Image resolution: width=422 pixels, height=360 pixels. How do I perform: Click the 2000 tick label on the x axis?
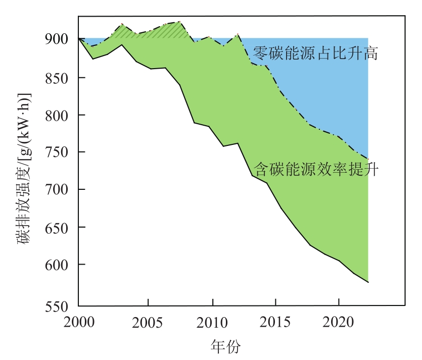tap(78, 322)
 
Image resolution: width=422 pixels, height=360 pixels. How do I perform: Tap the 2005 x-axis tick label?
tap(148, 322)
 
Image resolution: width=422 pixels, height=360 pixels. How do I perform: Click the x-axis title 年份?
tap(225, 347)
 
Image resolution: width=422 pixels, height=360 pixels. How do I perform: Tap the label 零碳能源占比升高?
tap(315, 53)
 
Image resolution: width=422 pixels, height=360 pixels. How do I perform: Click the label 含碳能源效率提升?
tap(316, 169)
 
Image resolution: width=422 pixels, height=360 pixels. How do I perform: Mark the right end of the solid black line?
tap(368, 282)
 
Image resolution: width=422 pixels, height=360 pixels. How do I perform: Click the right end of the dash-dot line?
tap(368, 159)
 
